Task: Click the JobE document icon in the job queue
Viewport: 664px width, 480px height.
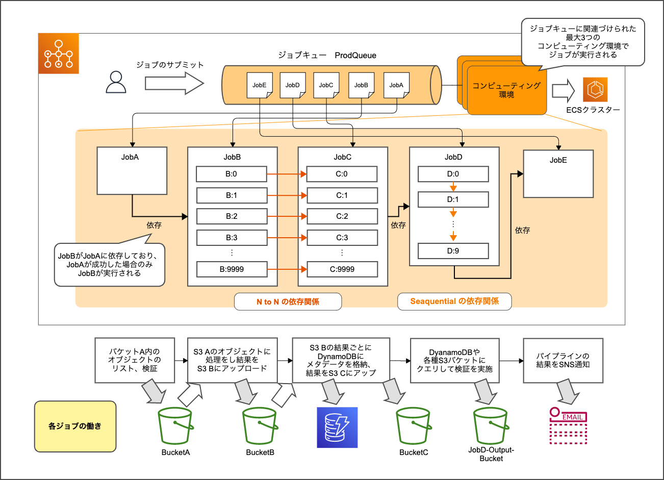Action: click(260, 85)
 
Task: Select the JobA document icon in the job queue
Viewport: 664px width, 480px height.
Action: click(396, 85)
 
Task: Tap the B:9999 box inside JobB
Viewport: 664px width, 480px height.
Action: click(232, 269)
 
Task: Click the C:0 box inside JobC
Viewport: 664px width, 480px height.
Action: click(342, 174)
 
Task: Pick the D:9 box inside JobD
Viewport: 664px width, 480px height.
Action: click(453, 251)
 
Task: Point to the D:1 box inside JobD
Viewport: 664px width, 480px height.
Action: click(453, 199)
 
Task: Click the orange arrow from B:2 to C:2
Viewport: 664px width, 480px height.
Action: click(287, 216)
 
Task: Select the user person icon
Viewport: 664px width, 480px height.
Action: click(116, 82)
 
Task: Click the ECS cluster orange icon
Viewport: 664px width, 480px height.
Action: click(595, 90)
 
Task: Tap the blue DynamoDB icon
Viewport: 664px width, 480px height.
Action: click(337, 427)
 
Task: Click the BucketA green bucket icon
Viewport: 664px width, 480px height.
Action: click(175, 426)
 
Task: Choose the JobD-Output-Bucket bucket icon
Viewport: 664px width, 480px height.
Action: click(491, 426)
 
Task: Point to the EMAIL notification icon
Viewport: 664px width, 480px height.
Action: click(568, 426)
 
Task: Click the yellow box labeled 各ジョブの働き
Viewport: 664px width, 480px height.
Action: click(75, 426)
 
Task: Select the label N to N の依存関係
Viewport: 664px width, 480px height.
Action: click(288, 301)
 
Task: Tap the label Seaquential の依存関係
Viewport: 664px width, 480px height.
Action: click(454, 301)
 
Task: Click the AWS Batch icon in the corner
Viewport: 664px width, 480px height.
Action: click(59, 54)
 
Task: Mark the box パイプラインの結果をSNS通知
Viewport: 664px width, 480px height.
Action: click(563, 360)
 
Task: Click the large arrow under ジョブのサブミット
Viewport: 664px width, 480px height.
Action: click(174, 83)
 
